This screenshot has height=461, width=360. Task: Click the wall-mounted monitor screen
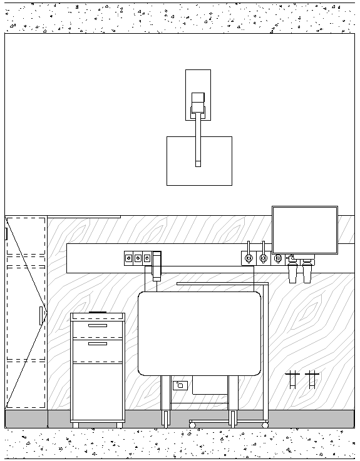(305, 230)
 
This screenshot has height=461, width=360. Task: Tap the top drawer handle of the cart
(97, 325)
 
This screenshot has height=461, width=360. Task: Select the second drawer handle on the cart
(97, 343)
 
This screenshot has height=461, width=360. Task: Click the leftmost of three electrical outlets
(129, 257)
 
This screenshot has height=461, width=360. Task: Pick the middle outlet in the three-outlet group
(138, 257)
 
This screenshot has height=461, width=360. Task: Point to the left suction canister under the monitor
(293, 273)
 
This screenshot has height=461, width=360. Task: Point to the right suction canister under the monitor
(307, 273)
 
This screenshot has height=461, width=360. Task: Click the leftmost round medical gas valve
(248, 258)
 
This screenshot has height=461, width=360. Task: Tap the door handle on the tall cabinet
(41, 315)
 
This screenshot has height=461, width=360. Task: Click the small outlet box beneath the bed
(180, 385)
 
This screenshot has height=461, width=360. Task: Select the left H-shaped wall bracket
(292, 379)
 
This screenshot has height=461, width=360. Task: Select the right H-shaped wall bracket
(311, 379)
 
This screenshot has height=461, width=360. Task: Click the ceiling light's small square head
(198, 98)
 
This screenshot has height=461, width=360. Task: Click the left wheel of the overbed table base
(192, 425)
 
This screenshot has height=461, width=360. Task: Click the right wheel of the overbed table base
(265, 425)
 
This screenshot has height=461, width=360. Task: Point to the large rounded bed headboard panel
(199, 333)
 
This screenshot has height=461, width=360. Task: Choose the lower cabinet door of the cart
(97, 391)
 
